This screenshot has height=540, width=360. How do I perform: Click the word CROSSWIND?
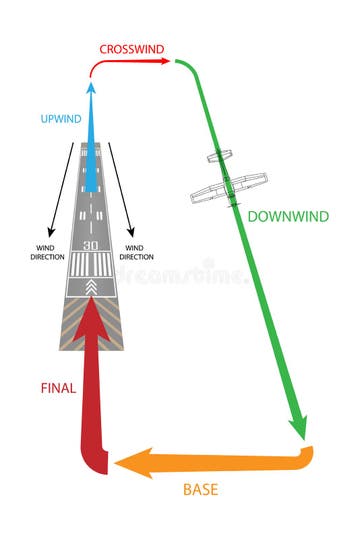click(133, 48)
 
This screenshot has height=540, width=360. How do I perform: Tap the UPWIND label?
click(61, 119)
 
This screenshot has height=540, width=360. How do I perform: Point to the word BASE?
click(200, 490)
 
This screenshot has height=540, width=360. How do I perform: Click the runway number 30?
click(91, 245)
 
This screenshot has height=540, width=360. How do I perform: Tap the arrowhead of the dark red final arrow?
click(91, 312)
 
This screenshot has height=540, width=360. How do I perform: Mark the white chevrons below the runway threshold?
click(91, 288)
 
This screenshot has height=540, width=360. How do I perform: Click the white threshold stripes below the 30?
click(91, 265)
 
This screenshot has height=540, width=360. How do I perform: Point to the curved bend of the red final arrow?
click(95, 462)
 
